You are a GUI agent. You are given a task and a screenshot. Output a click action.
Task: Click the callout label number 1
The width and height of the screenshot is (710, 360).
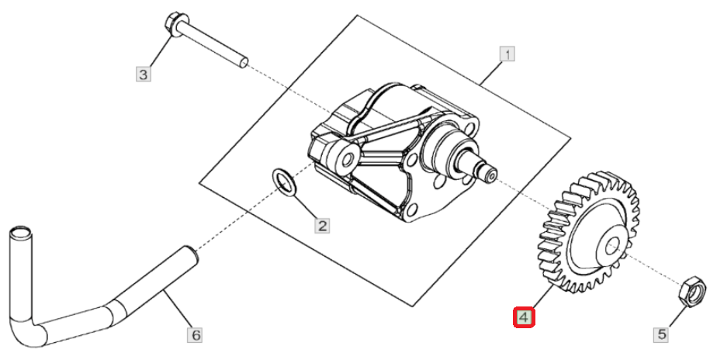click(507, 54)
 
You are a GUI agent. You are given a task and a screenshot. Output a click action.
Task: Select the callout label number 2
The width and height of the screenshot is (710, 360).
click(322, 226)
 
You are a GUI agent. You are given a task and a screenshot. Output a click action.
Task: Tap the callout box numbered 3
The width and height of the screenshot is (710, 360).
click(143, 74)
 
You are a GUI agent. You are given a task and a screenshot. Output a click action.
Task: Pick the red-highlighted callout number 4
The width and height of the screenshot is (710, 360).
click(524, 317)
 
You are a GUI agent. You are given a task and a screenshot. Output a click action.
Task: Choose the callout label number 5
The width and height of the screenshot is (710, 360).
click(662, 334)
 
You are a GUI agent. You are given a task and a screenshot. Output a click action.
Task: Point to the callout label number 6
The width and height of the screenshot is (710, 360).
click(196, 335)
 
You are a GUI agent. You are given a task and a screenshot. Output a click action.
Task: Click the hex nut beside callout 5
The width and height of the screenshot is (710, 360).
click(692, 291)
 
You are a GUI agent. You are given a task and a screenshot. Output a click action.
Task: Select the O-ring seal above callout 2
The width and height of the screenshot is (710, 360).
click(284, 182)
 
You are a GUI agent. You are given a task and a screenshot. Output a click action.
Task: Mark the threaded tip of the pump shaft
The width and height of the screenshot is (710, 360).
click(491, 173)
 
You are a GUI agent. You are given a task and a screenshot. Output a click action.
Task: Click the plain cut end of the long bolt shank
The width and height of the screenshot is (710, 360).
click(244, 62)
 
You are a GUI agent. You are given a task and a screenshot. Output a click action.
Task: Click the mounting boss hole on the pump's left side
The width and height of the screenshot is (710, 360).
click(348, 159)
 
